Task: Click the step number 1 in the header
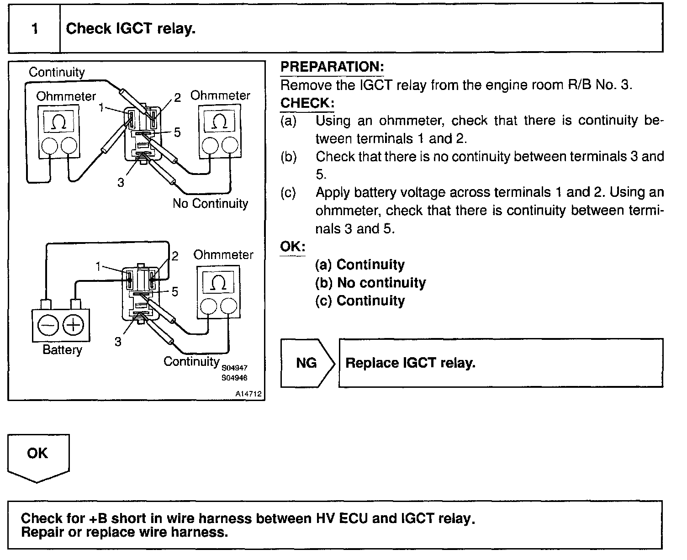click(35, 29)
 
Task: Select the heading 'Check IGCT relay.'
click(131, 29)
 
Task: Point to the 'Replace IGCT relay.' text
click(410, 363)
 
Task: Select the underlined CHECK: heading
click(307, 103)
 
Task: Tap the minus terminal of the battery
click(48, 326)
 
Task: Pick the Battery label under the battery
click(62, 350)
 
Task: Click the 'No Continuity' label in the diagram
click(210, 203)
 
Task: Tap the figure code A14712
click(249, 394)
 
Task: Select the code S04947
click(234, 368)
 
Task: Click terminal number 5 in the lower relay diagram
click(174, 291)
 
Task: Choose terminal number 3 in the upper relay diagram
click(121, 183)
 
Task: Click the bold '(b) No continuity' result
click(370, 283)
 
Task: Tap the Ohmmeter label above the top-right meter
click(220, 95)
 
